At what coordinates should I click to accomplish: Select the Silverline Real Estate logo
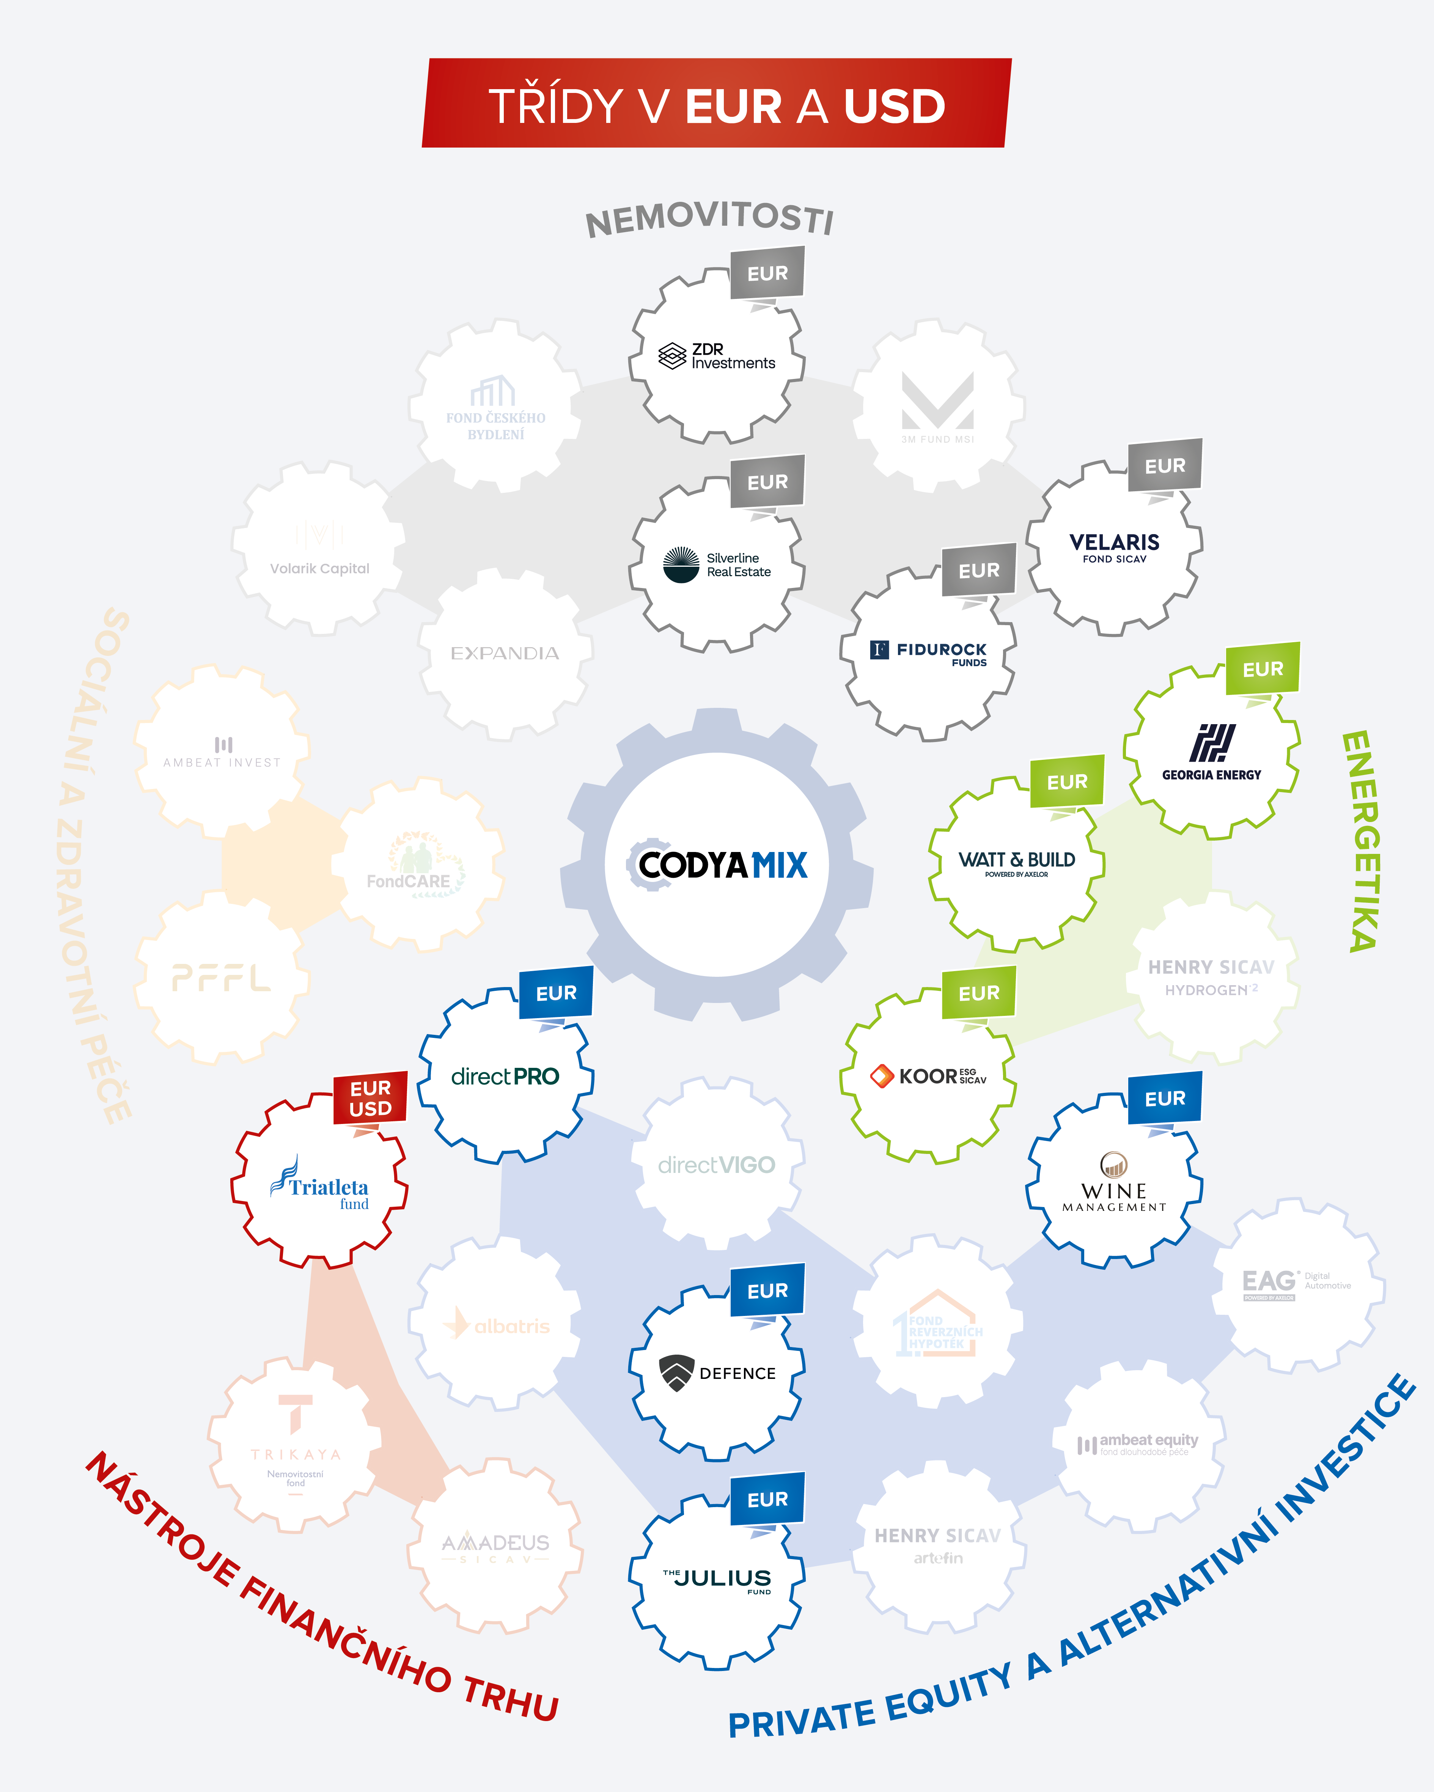tap(717, 565)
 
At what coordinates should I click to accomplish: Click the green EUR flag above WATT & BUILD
tap(1066, 782)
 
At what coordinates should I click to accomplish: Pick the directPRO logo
tap(505, 1076)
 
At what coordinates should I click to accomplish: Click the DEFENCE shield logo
tap(677, 1372)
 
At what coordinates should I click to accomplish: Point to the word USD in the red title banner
tap(895, 106)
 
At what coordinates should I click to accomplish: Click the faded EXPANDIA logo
tap(505, 653)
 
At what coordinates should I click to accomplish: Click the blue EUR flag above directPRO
tap(556, 993)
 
